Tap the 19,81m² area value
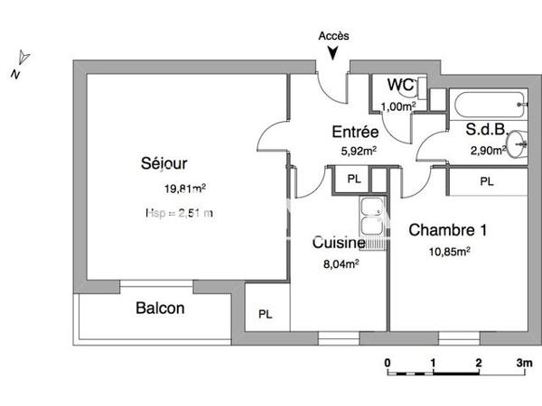pos(184,189)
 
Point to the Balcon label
pos(160,309)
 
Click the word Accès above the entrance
pos(334,36)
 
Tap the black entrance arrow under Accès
pos(334,53)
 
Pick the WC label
pos(399,86)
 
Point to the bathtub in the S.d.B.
pos(489,105)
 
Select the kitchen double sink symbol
pos(370,219)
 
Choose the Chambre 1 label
pos(448,230)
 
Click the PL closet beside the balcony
pos(265,314)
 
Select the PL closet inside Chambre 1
pos(487,181)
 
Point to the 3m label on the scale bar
pos(523,363)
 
